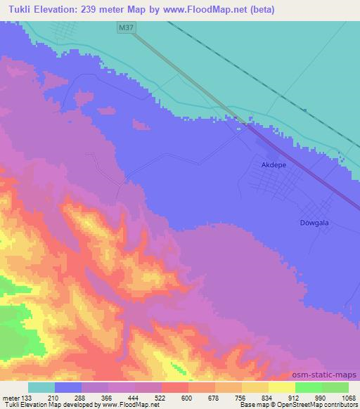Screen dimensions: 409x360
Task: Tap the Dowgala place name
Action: pos(306,222)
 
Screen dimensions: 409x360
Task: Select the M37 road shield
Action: pos(126,27)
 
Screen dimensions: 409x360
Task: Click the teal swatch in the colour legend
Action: pos(41,387)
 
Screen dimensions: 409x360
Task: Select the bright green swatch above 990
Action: pos(308,387)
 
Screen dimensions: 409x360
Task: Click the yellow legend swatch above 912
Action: pos(281,387)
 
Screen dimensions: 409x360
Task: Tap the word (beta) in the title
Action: pos(259,10)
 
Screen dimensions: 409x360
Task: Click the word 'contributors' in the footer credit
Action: pos(342,405)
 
